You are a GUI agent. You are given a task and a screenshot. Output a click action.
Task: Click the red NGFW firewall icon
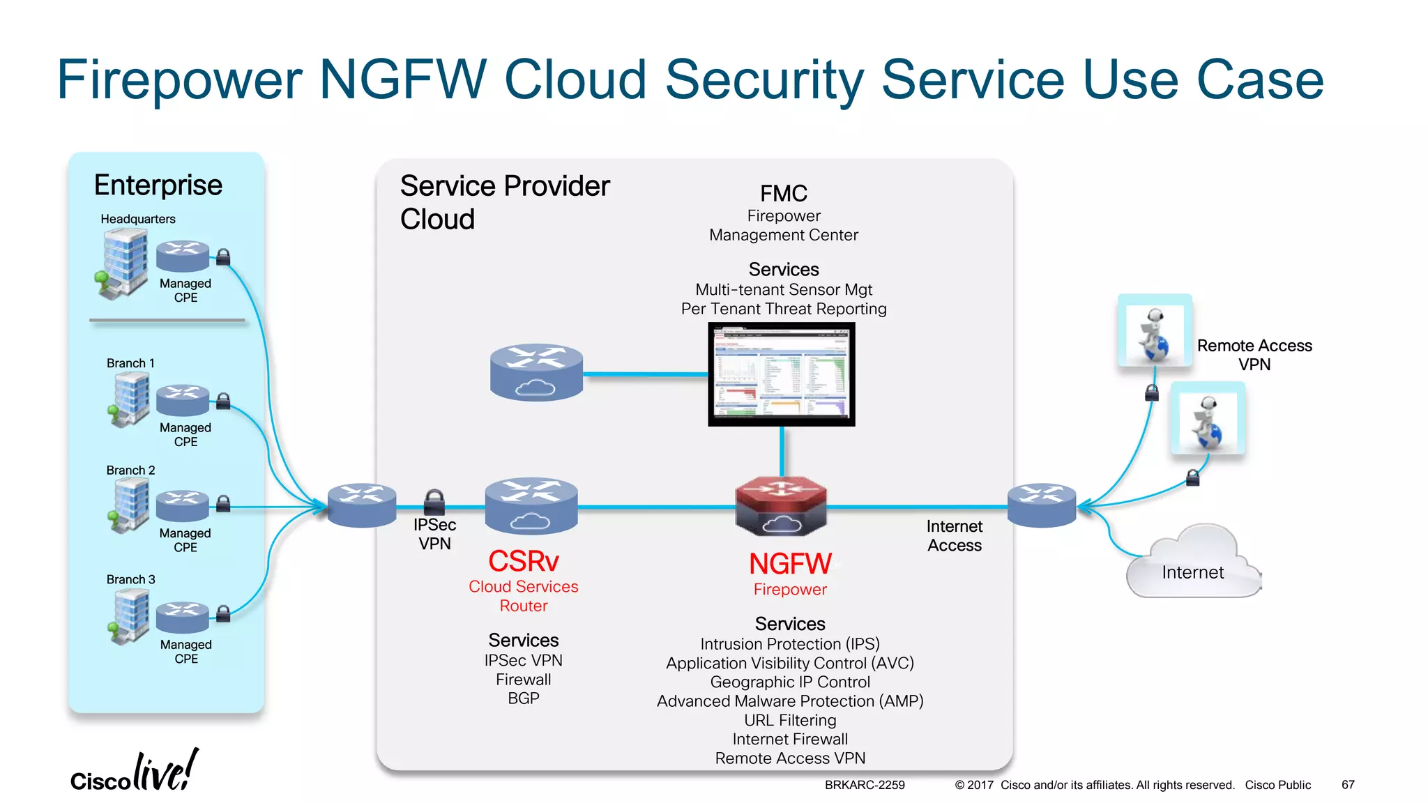click(x=781, y=505)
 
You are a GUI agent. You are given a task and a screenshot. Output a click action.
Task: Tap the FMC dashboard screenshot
click(x=781, y=374)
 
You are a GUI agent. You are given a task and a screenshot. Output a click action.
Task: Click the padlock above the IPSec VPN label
click(x=434, y=500)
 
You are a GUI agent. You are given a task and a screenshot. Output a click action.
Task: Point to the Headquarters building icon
click(x=123, y=263)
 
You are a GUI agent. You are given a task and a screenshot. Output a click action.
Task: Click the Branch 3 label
click(x=130, y=579)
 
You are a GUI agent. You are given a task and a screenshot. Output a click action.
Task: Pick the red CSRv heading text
click(x=523, y=561)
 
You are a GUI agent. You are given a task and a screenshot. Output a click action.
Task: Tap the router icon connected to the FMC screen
click(x=536, y=372)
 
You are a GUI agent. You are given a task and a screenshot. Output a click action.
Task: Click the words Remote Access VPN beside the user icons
click(x=1254, y=355)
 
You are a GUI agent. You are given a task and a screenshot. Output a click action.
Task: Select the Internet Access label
click(x=954, y=536)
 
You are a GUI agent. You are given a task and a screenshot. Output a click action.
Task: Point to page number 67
click(x=1348, y=785)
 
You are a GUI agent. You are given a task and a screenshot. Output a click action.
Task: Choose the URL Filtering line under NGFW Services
click(x=789, y=720)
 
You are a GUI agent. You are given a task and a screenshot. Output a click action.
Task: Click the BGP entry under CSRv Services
click(x=523, y=698)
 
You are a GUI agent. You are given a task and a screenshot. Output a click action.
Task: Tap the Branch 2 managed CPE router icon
click(x=182, y=505)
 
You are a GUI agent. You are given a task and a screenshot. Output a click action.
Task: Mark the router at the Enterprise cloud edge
click(x=362, y=505)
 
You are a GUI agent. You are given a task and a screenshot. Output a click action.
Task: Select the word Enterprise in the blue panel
click(x=158, y=185)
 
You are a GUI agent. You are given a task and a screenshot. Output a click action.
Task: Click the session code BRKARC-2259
click(x=865, y=785)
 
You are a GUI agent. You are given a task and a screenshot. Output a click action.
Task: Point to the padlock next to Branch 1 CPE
click(x=223, y=401)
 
